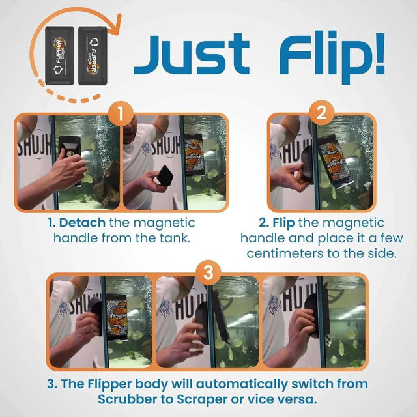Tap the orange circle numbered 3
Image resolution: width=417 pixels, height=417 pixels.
[x=208, y=273]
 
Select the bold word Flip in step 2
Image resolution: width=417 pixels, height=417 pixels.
[x=270, y=223]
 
